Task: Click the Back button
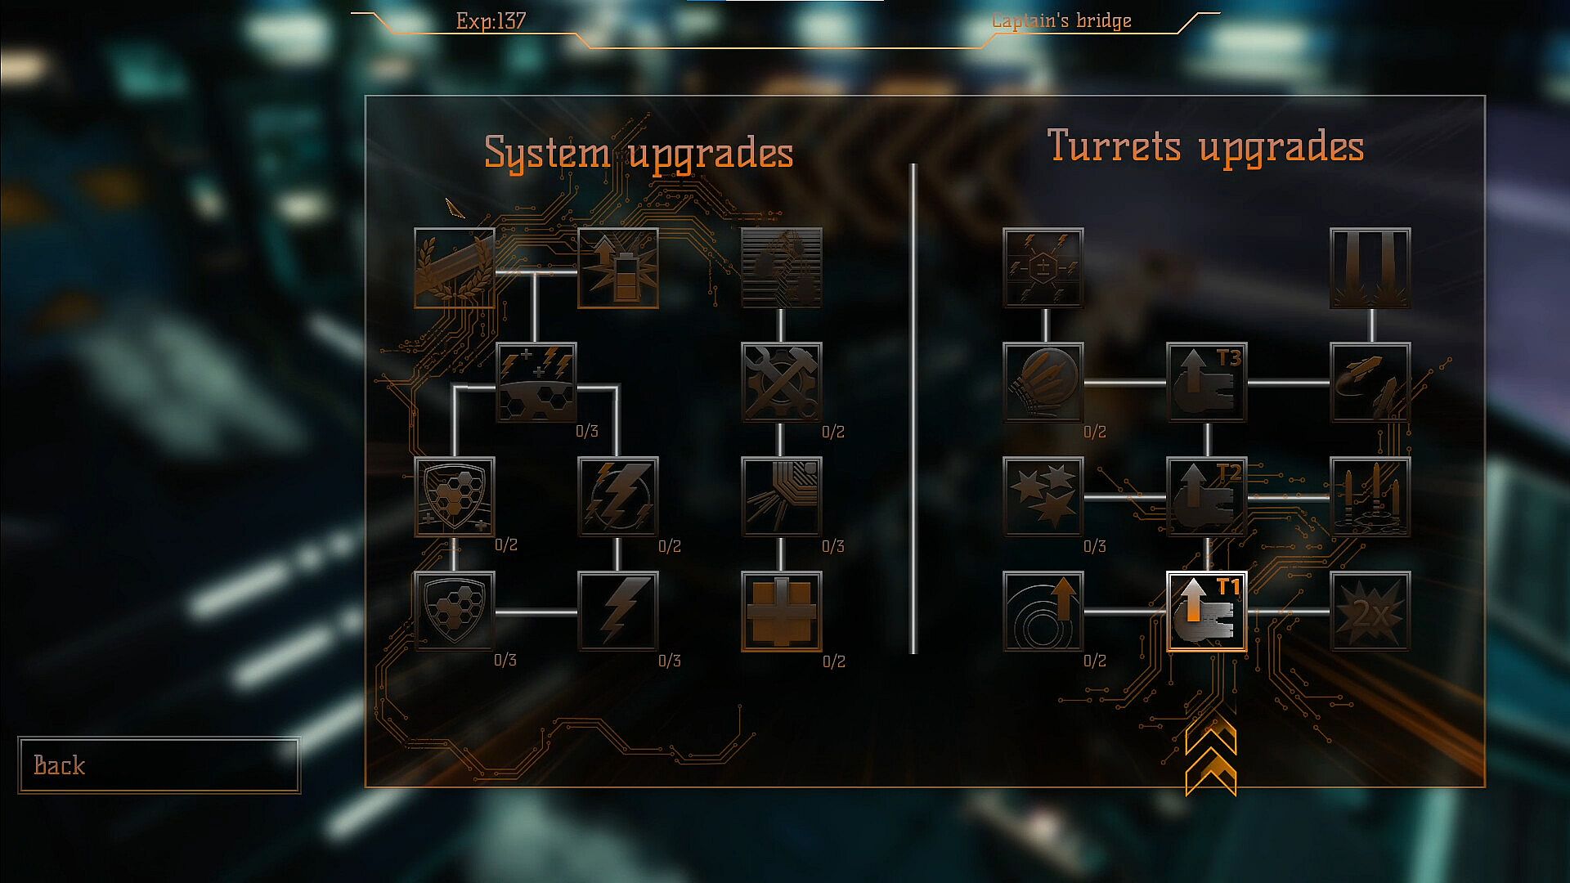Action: (x=159, y=765)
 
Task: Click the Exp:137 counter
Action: (x=491, y=21)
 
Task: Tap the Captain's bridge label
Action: (x=1061, y=21)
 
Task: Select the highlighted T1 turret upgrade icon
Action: (x=1206, y=612)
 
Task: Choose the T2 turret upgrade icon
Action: (x=1206, y=497)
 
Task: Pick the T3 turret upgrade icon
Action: (x=1206, y=383)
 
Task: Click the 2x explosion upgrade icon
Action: (x=1370, y=612)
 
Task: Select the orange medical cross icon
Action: (x=781, y=612)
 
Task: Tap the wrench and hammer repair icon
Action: (x=781, y=383)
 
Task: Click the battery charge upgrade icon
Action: (x=617, y=268)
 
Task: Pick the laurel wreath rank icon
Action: (x=454, y=268)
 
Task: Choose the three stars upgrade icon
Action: (x=1043, y=497)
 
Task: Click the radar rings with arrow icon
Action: (x=1043, y=612)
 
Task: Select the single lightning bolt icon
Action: (x=617, y=612)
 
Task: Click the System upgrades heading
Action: (x=639, y=154)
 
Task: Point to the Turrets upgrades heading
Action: (x=1205, y=147)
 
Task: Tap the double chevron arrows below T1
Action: (x=1210, y=756)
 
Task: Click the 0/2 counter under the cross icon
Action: (x=833, y=661)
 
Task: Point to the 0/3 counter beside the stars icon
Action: (x=1094, y=546)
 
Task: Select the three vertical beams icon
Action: (x=1370, y=268)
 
